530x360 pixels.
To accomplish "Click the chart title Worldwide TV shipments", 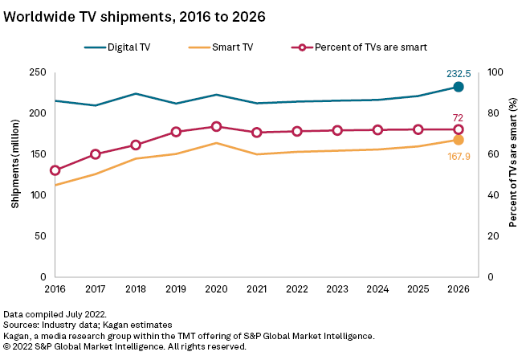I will click(x=134, y=16).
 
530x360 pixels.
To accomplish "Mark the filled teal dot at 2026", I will click(x=459, y=87).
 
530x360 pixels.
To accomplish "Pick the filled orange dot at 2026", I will click(x=459, y=140).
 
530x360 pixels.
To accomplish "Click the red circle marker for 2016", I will click(x=55, y=170).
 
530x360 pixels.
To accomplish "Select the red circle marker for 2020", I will click(x=216, y=126).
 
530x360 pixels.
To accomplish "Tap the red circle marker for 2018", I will click(x=136, y=145).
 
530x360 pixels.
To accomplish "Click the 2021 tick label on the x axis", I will click(x=257, y=288).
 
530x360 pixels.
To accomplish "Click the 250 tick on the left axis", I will click(x=35, y=72).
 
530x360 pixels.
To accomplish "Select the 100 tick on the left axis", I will click(x=35, y=195).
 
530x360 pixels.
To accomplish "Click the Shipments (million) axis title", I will click(x=14, y=174).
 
